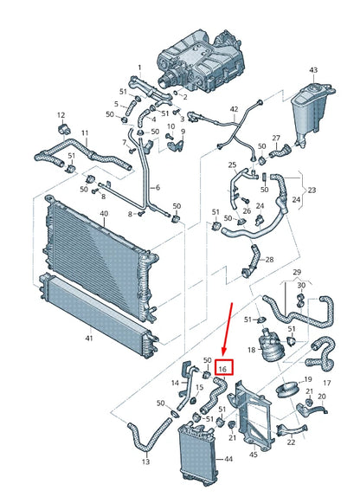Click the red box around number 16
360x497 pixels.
pos(224,367)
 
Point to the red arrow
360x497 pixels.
pos(228,329)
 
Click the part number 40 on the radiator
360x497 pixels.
pos(104,214)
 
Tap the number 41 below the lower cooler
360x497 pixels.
pos(89,339)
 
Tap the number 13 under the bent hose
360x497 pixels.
pos(145,461)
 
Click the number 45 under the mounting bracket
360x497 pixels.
pos(254,455)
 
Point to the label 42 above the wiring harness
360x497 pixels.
pos(234,109)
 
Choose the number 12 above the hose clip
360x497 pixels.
pos(61,115)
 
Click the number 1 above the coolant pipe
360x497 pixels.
pos(139,68)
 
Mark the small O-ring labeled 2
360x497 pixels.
pos(177,93)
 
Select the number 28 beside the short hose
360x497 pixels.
pos(269,260)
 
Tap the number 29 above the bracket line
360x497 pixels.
pos(297,272)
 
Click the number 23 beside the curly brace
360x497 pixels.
pos(312,190)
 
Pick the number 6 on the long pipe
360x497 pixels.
pos(157,188)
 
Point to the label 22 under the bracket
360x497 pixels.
pos(291,442)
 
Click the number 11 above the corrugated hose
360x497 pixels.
pos(85,133)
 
